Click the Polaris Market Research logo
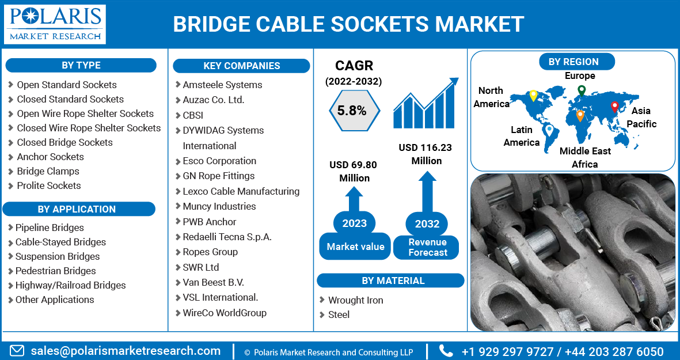tap(55, 24)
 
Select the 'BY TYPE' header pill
tap(81, 65)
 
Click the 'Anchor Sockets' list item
tap(50, 157)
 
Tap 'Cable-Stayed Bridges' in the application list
tap(60, 242)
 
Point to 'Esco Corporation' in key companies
tap(219, 161)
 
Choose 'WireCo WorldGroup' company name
tap(225, 313)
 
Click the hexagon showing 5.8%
tap(352, 111)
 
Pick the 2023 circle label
tap(354, 223)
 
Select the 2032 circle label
tap(427, 224)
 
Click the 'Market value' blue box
tap(355, 247)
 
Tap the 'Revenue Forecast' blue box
tap(427, 247)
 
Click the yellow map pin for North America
tap(533, 96)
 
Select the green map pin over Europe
tap(582, 90)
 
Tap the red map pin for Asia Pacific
tap(614, 107)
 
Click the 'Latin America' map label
tap(521, 136)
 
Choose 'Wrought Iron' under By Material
tap(355, 300)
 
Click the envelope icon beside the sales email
tap(17, 351)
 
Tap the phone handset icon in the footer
tap(446, 351)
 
